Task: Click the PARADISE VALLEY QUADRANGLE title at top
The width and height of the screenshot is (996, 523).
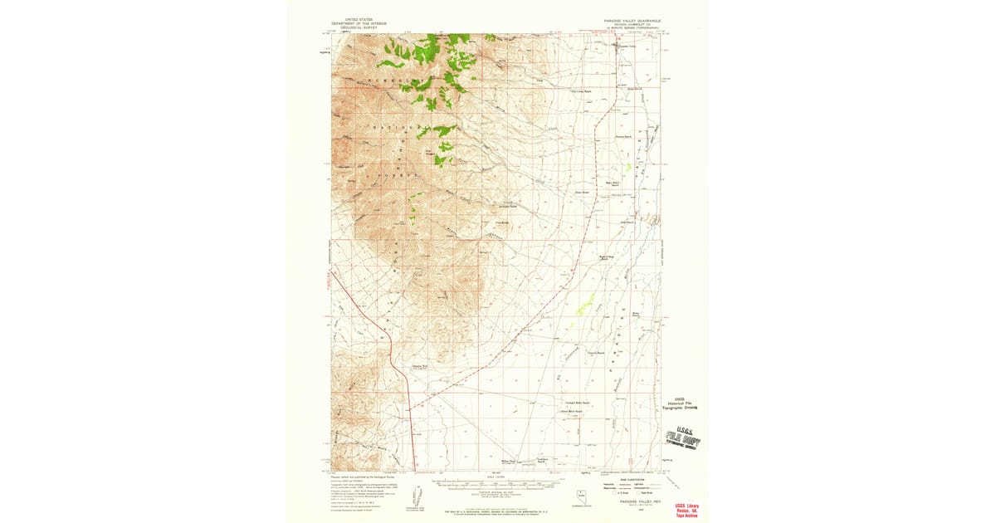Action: (632, 19)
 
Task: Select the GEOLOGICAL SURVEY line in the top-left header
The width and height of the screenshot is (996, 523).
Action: (354, 27)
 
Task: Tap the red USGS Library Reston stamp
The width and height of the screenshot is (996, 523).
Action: (686, 508)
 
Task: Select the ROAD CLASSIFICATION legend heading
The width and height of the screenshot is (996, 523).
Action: (632, 475)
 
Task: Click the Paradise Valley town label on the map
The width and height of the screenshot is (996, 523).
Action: (627, 47)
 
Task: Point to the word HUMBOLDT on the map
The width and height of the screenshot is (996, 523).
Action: (383, 81)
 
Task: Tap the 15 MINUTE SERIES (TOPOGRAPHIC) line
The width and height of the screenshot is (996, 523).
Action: (632, 28)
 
